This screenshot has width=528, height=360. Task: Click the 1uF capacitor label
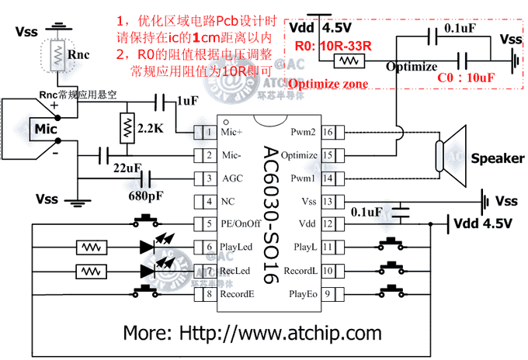point(187,102)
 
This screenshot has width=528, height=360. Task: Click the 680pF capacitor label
point(146,194)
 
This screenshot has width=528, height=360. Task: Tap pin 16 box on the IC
point(328,133)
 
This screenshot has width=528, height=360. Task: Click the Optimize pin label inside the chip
point(298,156)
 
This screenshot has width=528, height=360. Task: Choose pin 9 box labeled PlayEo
point(328,294)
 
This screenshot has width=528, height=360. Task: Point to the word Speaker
point(497,158)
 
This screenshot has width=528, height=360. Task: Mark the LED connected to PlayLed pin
point(149,247)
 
